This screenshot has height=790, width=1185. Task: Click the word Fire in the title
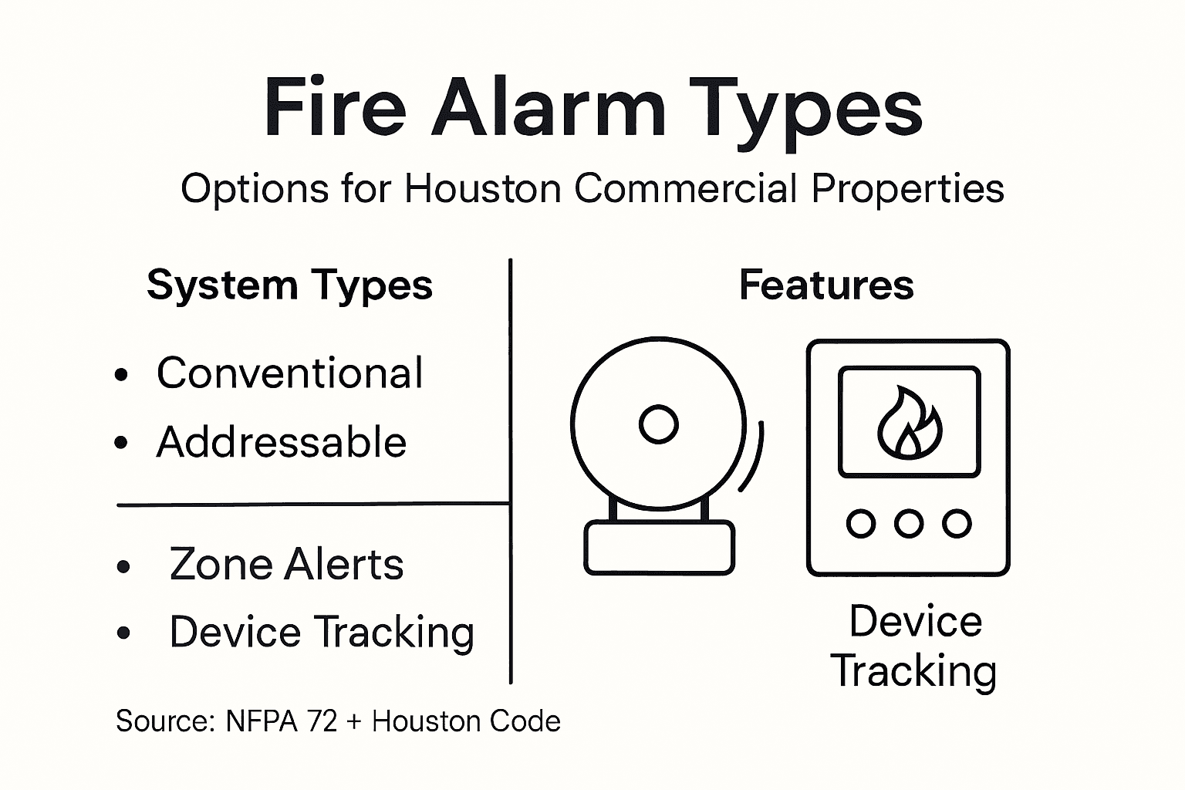point(334,108)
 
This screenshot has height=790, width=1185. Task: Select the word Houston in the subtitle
point(482,188)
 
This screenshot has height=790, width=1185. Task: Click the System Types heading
point(289,285)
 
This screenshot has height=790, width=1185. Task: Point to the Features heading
point(826,285)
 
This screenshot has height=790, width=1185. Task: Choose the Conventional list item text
point(289,373)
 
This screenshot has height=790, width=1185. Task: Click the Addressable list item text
point(281,442)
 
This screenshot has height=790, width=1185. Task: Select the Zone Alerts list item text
point(286,564)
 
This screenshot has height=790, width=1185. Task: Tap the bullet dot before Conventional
point(121,376)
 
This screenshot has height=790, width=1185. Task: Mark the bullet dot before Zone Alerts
point(123,567)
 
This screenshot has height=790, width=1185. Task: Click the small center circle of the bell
point(659,424)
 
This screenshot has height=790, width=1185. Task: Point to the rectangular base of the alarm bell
point(659,547)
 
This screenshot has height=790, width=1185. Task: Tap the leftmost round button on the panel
point(861,524)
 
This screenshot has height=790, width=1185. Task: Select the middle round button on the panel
point(909,524)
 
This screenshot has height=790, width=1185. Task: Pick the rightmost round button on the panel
point(957,524)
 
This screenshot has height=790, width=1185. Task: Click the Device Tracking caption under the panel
point(914,646)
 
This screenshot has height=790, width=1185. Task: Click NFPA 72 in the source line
point(282,721)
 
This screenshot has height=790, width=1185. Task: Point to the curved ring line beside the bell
point(754,457)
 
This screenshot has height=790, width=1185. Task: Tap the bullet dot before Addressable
point(121,444)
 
